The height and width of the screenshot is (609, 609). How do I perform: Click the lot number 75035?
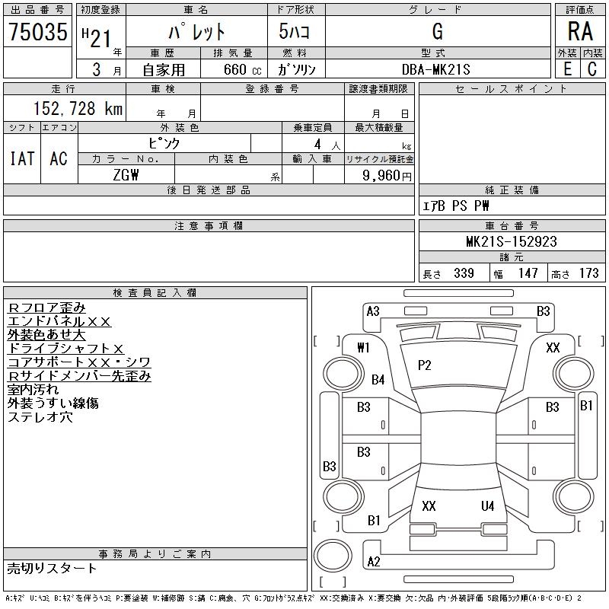[38, 31]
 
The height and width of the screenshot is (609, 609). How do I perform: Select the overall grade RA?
[580, 31]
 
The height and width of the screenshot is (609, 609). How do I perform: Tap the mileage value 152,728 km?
[78, 108]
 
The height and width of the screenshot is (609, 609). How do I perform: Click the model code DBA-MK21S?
[435, 69]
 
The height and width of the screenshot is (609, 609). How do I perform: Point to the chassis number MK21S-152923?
[512, 241]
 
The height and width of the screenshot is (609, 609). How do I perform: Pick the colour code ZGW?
[126, 175]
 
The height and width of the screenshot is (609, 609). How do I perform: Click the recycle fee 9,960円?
[387, 176]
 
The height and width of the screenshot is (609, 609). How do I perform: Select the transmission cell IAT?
[22, 158]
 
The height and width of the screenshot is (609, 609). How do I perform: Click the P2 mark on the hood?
[425, 365]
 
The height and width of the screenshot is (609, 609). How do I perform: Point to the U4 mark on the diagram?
[487, 506]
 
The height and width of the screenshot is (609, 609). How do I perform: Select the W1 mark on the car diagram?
[364, 347]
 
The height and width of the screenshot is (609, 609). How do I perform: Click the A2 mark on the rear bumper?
[374, 561]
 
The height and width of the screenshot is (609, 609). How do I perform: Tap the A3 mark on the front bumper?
[373, 311]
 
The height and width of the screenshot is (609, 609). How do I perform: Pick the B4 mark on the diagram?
[378, 379]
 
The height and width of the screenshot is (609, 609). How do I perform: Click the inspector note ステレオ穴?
[40, 417]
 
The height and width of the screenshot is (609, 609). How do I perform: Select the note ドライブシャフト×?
[65, 349]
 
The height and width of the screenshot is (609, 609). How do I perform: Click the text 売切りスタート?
[52, 569]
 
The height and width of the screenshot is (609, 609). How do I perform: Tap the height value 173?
[588, 273]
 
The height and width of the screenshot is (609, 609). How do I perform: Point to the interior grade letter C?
[592, 69]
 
